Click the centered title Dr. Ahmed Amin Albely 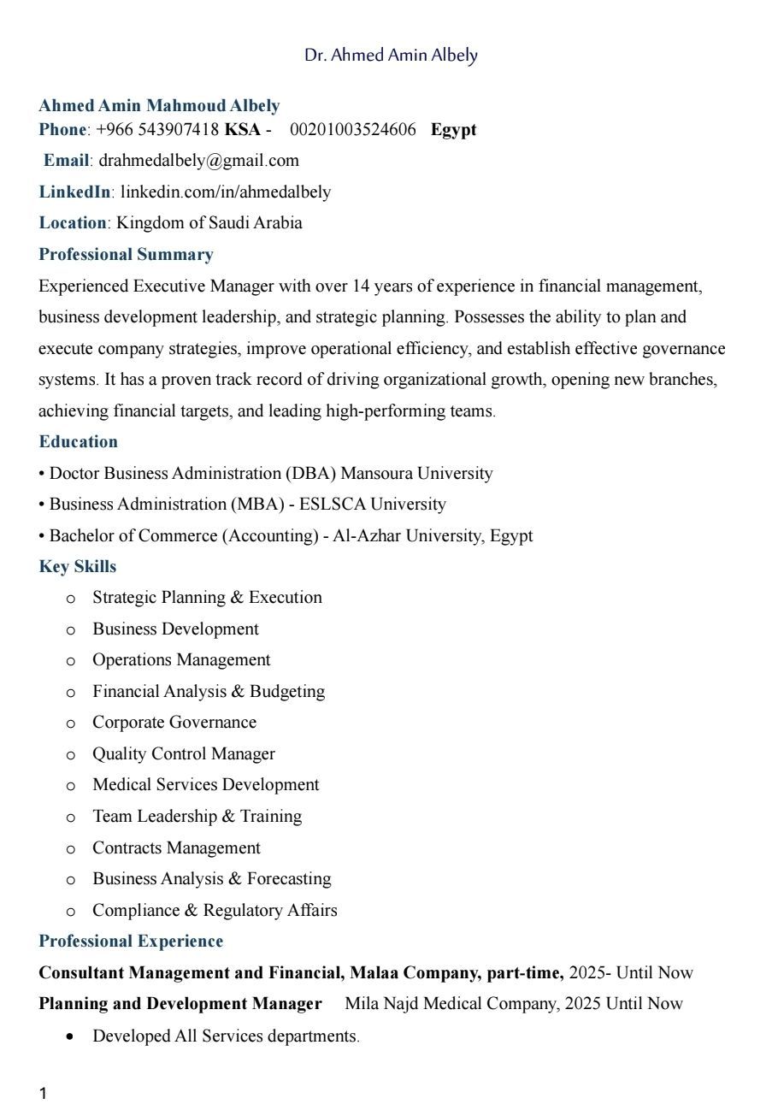pyautogui.click(x=391, y=56)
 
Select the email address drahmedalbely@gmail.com pyautogui.click(x=199, y=161)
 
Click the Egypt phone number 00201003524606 pyautogui.click(x=352, y=130)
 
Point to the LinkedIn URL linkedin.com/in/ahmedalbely pyautogui.click(x=225, y=192)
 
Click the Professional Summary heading pyautogui.click(x=126, y=255)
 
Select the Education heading pyautogui.click(x=78, y=442)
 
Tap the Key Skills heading pyautogui.click(x=77, y=567)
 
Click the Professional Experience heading pyautogui.click(x=131, y=942)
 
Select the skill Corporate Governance pyautogui.click(x=174, y=723)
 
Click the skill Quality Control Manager pyautogui.click(x=184, y=754)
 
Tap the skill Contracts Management pyautogui.click(x=176, y=848)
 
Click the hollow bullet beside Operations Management pyautogui.click(x=71, y=661)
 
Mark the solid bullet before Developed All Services pyautogui.click(x=71, y=1036)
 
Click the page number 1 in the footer pyautogui.click(x=43, y=1093)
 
